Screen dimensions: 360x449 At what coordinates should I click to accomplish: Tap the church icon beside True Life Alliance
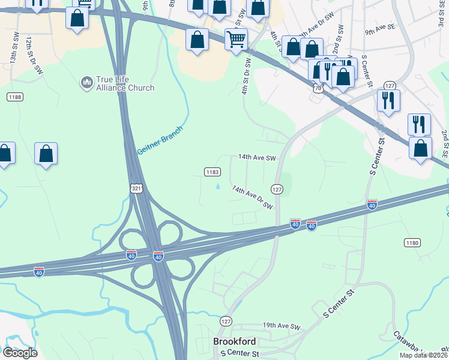[x=86, y=80]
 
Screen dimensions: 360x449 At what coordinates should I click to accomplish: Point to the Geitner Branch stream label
[x=160, y=139]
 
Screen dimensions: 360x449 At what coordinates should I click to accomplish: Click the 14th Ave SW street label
[x=256, y=157]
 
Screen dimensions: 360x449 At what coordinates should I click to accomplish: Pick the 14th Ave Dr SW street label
[x=252, y=197]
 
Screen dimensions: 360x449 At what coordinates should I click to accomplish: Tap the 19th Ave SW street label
[x=281, y=326]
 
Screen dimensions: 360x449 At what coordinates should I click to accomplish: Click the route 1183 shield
[x=212, y=172]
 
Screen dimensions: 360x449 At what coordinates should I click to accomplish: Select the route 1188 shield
[x=15, y=97]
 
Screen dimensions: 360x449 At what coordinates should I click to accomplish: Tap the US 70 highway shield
[x=317, y=89]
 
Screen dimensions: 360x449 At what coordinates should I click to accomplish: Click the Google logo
[x=20, y=352]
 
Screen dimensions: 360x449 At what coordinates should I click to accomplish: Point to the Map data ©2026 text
[x=423, y=355]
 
